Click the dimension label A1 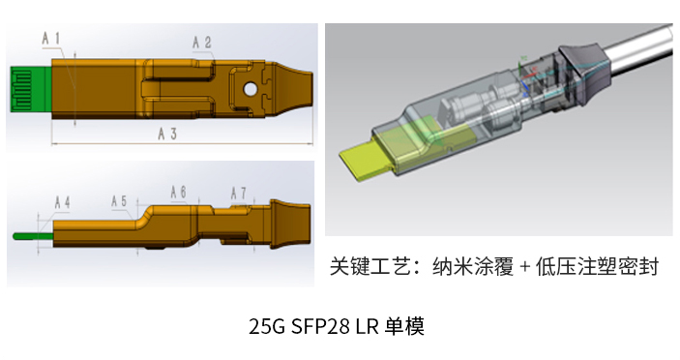[51, 39]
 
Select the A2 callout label [202, 42]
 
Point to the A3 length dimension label [167, 134]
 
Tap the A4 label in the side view [63, 202]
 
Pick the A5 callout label [119, 201]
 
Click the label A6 [178, 193]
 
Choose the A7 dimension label [239, 193]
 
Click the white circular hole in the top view [251, 89]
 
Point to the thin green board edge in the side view [34, 236]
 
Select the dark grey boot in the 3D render [584, 73]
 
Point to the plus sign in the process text [524, 266]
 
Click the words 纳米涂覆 [473, 266]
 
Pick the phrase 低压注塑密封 [598, 266]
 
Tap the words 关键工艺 [370, 266]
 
